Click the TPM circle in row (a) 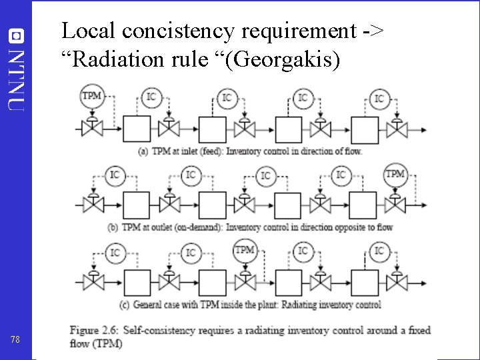coord(91,96)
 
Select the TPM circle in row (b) coord(395,175)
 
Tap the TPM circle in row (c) coord(245,251)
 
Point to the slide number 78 coord(16,340)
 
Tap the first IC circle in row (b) coord(115,175)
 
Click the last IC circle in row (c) coord(379,251)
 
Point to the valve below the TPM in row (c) coord(246,281)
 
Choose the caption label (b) coord(114,227)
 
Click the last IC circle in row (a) coord(379,99)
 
